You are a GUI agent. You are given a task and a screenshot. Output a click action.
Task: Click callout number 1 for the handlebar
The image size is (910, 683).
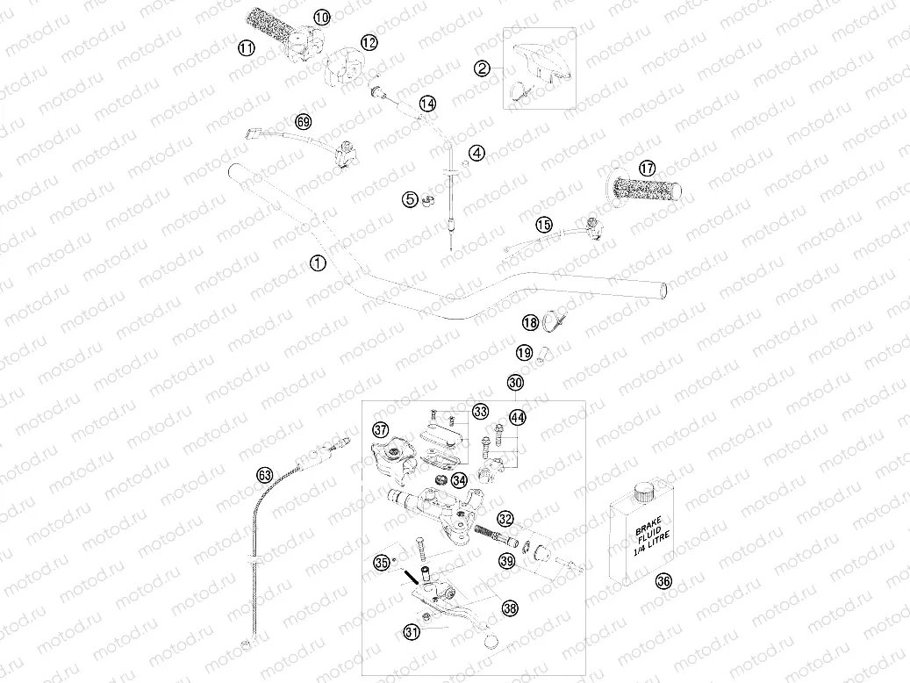[318, 262]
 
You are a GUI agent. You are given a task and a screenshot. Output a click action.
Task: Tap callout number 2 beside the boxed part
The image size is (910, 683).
[482, 68]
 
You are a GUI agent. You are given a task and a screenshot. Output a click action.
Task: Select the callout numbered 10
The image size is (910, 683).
[321, 17]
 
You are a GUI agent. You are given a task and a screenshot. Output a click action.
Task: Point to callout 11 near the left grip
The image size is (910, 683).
[247, 47]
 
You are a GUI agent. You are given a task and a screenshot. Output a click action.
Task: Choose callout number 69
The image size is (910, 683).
[304, 122]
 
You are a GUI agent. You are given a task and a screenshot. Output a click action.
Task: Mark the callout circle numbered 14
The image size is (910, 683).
[427, 104]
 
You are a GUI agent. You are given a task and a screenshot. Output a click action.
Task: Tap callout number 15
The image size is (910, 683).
[545, 224]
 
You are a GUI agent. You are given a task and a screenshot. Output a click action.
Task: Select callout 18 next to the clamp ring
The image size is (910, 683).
[530, 323]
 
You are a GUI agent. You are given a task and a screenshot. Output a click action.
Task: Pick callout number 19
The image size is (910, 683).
[524, 353]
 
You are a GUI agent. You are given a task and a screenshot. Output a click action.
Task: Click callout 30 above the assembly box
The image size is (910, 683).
[515, 383]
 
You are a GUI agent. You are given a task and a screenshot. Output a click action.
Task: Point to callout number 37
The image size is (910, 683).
[380, 430]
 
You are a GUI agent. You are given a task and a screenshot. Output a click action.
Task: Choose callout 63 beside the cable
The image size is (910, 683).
[265, 474]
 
